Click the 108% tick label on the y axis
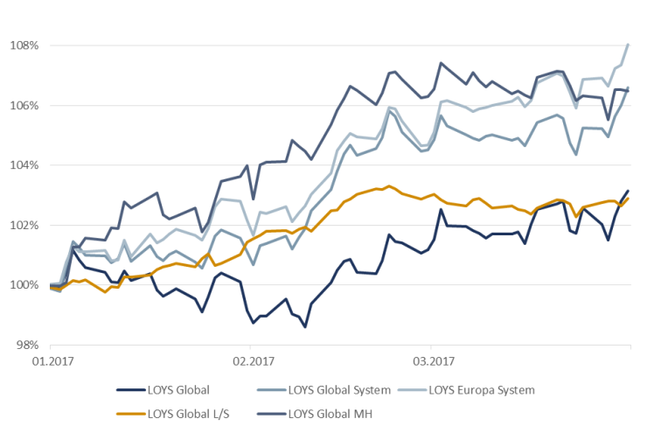24,45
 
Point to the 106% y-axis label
24,105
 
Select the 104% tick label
24,165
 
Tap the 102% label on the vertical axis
24,225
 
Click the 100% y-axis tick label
24,285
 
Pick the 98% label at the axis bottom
27,345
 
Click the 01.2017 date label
51,360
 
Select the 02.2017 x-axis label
249,360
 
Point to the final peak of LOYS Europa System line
629,44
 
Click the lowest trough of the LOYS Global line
305,327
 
